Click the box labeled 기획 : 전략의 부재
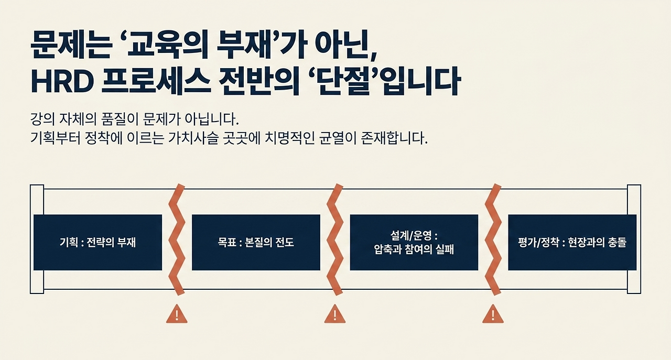[x=98, y=242]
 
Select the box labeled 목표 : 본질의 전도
[x=256, y=242]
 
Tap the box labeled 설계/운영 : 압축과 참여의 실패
[x=414, y=242]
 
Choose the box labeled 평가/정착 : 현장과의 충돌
[x=572, y=242]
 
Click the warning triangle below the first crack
[x=177, y=314]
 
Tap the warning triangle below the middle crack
[x=335, y=314]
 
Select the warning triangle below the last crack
[x=493, y=314]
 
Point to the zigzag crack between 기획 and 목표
[x=177, y=239]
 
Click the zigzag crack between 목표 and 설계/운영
[x=335, y=239]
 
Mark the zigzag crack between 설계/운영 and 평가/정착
[x=493, y=239]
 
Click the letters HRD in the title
[x=62, y=81]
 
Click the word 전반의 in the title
[x=259, y=81]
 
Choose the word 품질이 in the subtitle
[x=120, y=119]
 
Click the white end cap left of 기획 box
[x=37, y=239]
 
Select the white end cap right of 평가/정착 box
[x=634, y=239]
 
